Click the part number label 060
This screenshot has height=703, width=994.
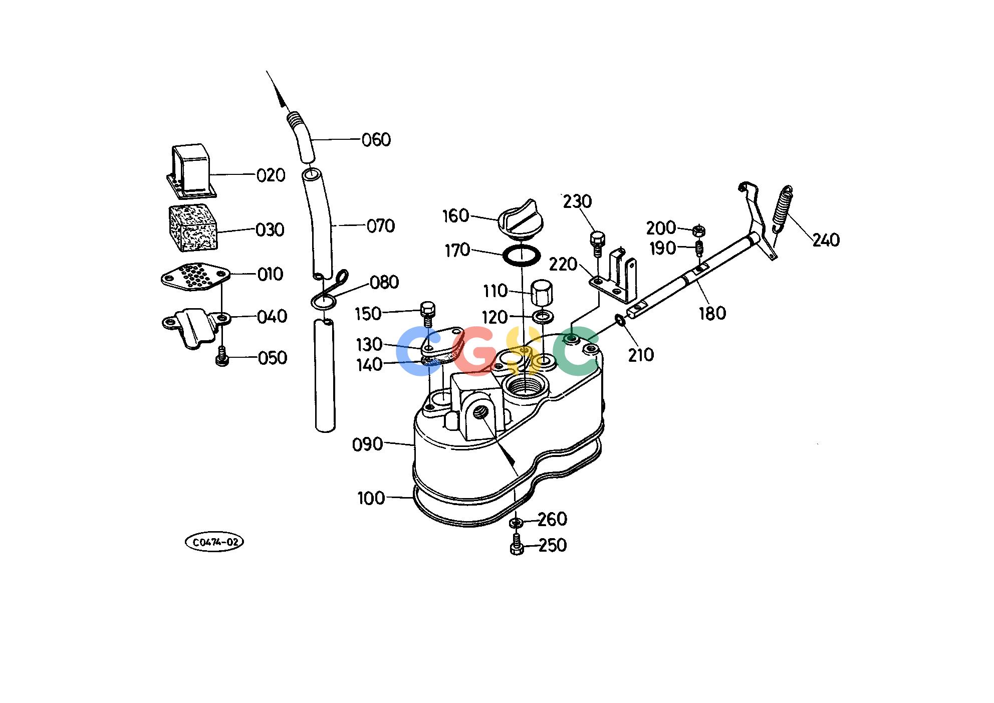tap(376, 139)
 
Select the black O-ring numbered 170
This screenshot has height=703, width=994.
tap(522, 256)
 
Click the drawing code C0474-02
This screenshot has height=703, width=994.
tap(214, 542)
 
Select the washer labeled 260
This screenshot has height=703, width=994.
tap(517, 523)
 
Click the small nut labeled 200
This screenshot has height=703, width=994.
tap(699, 230)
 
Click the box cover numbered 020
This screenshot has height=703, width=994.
tap(191, 172)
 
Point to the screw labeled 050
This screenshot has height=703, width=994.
tap(222, 358)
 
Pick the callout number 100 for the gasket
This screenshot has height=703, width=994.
tap(371, 499)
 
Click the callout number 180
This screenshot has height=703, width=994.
tap(712, 314)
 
